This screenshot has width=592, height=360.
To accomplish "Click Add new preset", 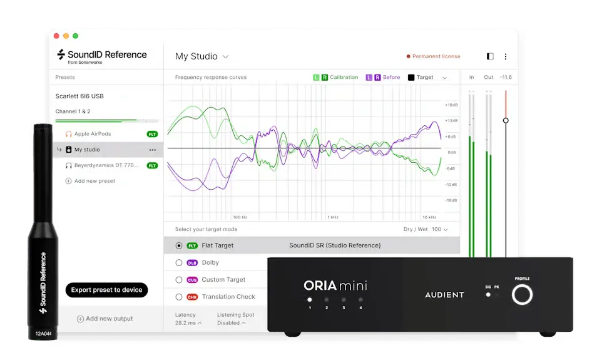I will [x=94, y=181].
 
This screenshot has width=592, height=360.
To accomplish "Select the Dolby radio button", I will [x=179, y=263].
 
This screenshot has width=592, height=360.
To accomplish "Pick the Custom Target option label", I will [x=223, y=280].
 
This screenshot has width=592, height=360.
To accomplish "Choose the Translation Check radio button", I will [x=179, y=297].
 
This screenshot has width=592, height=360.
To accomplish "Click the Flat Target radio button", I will [x=179, y=246].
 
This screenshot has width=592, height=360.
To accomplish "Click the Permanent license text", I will [x=436, y=56].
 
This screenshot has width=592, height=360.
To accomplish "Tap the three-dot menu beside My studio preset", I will [x=153, y=150].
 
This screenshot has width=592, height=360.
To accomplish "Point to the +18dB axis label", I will [x=451, y=105].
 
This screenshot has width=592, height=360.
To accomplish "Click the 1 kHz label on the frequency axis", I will [x=333, y=217].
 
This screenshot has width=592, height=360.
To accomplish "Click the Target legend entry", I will [x=424, y=78].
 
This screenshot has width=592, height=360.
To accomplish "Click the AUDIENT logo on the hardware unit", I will [x=445, y=295].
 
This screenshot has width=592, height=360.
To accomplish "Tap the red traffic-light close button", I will [x=56, y=36].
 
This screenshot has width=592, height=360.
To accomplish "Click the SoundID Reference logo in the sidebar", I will [x=102, y=55].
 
